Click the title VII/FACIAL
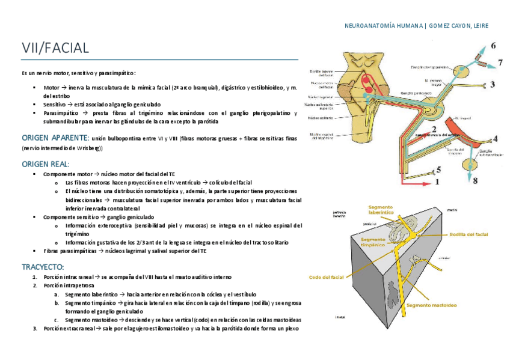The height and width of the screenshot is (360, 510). [55, 48]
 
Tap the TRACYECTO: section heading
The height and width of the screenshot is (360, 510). [43, 266]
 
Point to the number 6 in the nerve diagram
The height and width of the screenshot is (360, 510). [493, 46]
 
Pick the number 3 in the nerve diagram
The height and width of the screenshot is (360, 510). [493, 85]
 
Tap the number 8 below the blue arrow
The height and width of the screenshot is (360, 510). [475, 180]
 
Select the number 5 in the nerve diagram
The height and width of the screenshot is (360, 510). [438, 169]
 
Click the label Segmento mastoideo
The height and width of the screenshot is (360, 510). [431, 305]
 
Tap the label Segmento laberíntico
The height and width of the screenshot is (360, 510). [381, 210]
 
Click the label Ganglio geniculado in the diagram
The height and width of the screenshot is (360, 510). [414, 94]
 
